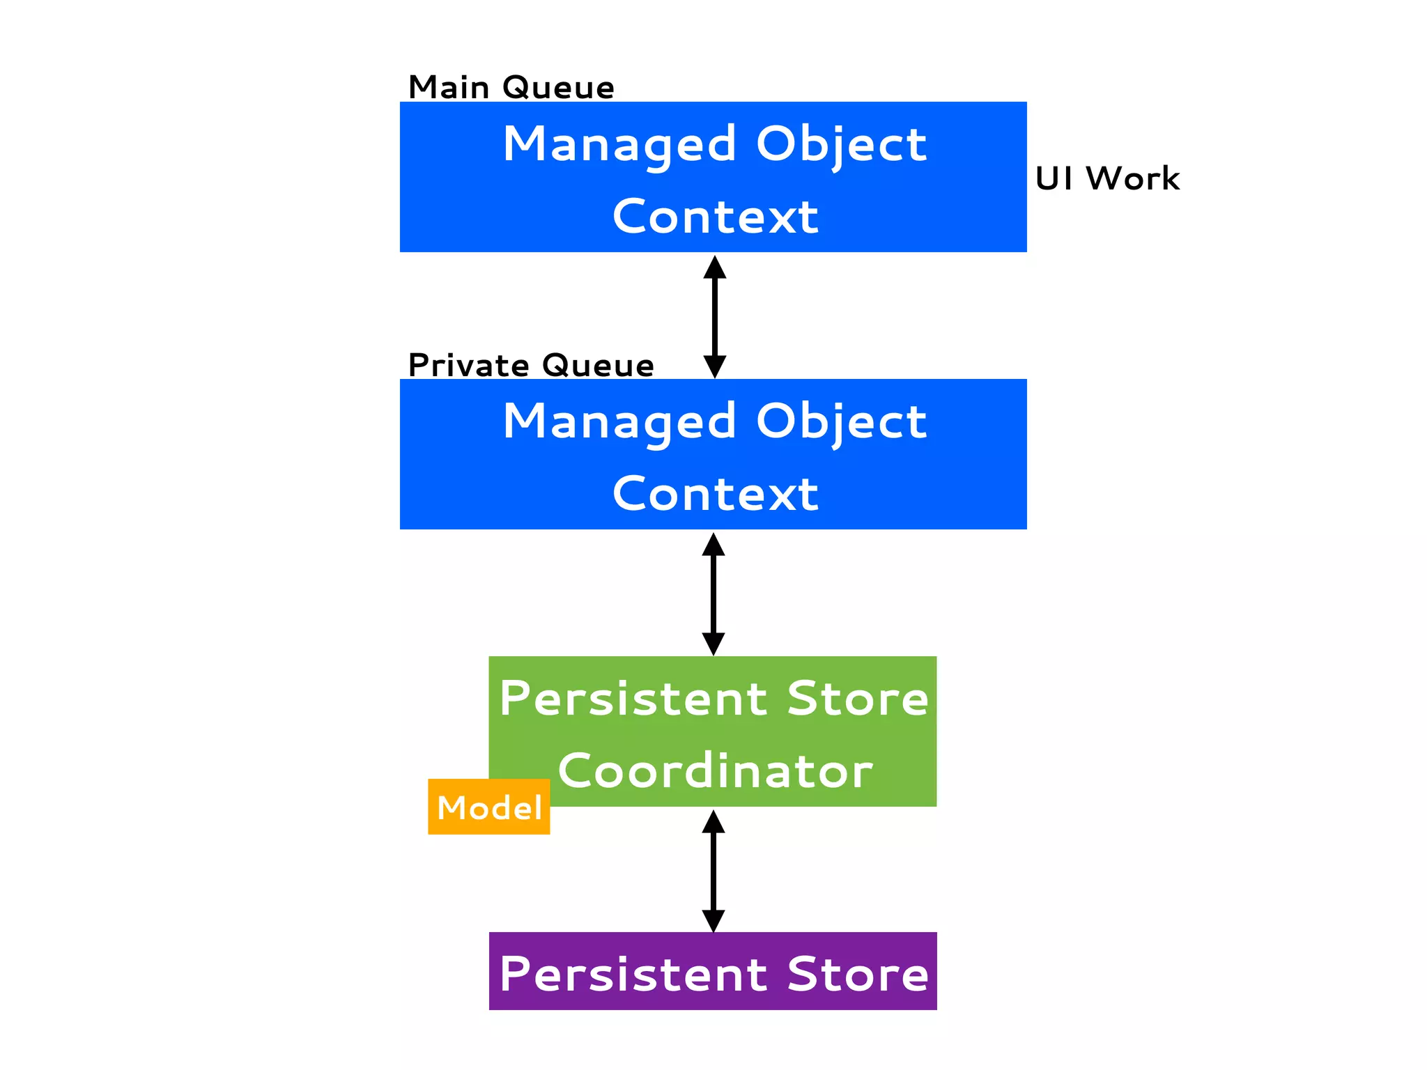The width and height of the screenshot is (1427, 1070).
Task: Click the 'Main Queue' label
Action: tap(511, 88)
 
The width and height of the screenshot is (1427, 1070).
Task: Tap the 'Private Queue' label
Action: tap(531, 366)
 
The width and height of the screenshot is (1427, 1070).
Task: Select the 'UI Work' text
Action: tap(1107, 178)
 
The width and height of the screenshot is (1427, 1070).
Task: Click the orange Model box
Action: tap(489, 807)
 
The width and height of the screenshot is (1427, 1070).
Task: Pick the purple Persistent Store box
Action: tap(713, 971)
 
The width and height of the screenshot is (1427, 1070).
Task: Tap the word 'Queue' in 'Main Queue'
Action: tap(558, 88)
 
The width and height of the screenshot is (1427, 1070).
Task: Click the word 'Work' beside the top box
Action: tap(1133, 178)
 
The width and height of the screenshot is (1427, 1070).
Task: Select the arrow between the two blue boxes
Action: tap(715, 317)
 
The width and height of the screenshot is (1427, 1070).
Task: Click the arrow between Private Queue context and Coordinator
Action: tap(713, 594)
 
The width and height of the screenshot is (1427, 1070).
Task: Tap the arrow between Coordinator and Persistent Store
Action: tap(713, 871)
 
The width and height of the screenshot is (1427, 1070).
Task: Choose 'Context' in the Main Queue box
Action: tap(715, 217)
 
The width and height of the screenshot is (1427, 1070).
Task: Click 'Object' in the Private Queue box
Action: tap(841, 422)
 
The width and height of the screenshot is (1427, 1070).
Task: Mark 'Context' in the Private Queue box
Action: tap(715, 494)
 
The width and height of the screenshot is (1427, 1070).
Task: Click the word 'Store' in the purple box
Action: tap(858, 974)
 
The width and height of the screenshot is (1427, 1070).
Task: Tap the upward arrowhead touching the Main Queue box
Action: tap(715, 267)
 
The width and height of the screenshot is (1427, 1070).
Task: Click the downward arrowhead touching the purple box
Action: tap(713, 921)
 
